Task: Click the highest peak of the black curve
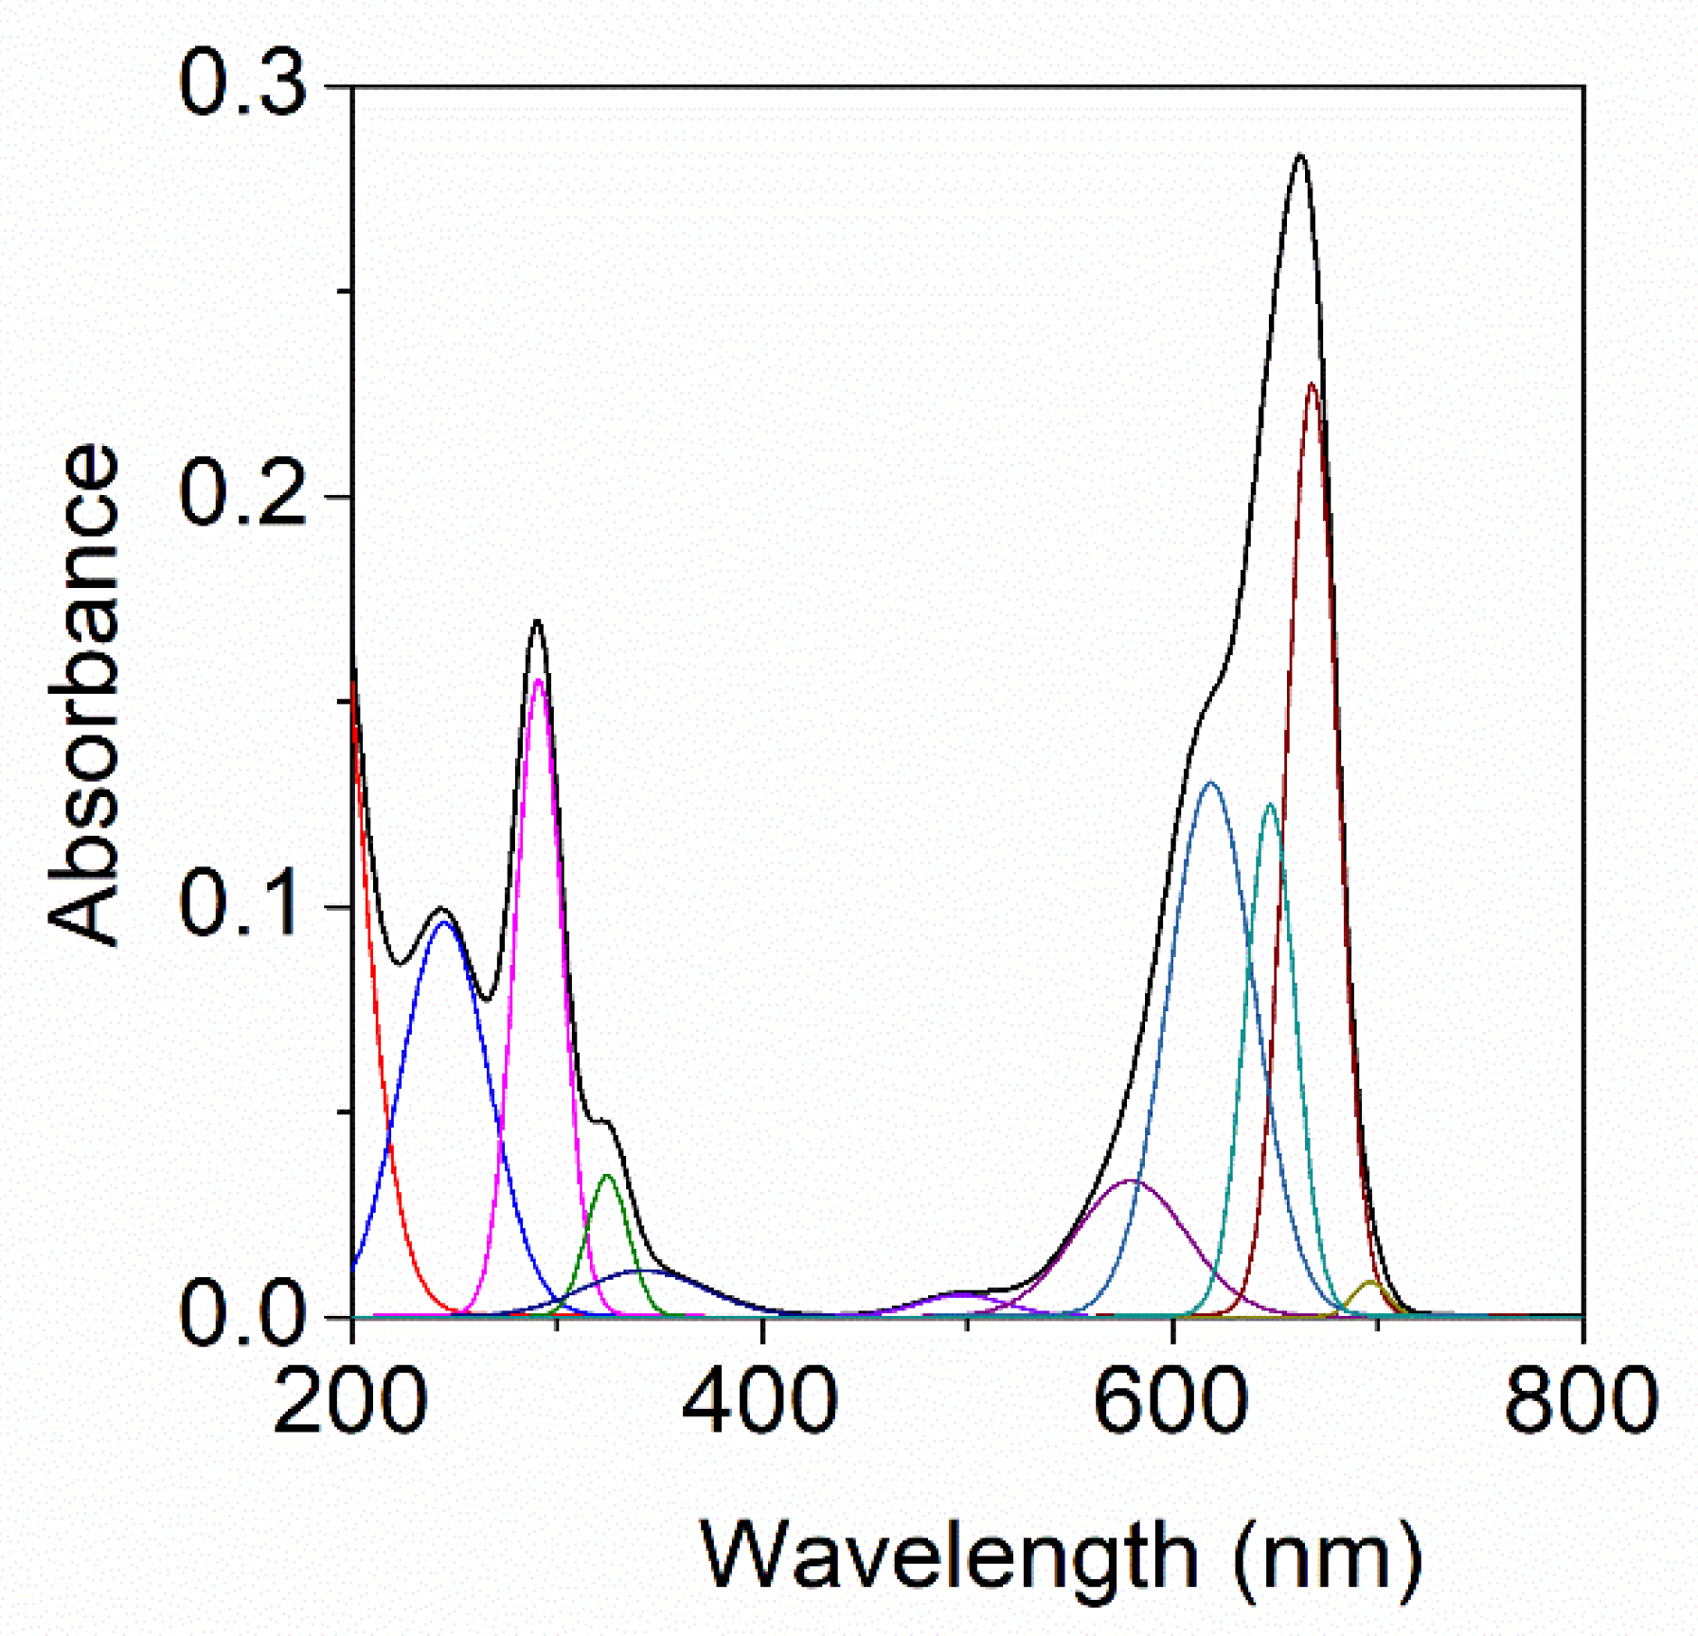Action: pyautogui.click(x=1300, y=155)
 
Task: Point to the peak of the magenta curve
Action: pyautogui.click(x=539, y=680)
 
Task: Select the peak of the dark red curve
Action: pyautogui.click(x=1312, y=384)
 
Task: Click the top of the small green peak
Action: pyautogui.click(x=608, y=1176)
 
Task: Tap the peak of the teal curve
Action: pyautogui.click(x=1270, y=805)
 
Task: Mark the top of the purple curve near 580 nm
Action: pyautogui.click(x=1132, y=1181)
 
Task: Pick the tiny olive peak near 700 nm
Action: pyautogui.click(x=1369, y=1282)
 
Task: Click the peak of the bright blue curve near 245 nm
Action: pyautogui.click(x=443, y=921)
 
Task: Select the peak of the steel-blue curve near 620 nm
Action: pyautogui.click(x=1209, y=782)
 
